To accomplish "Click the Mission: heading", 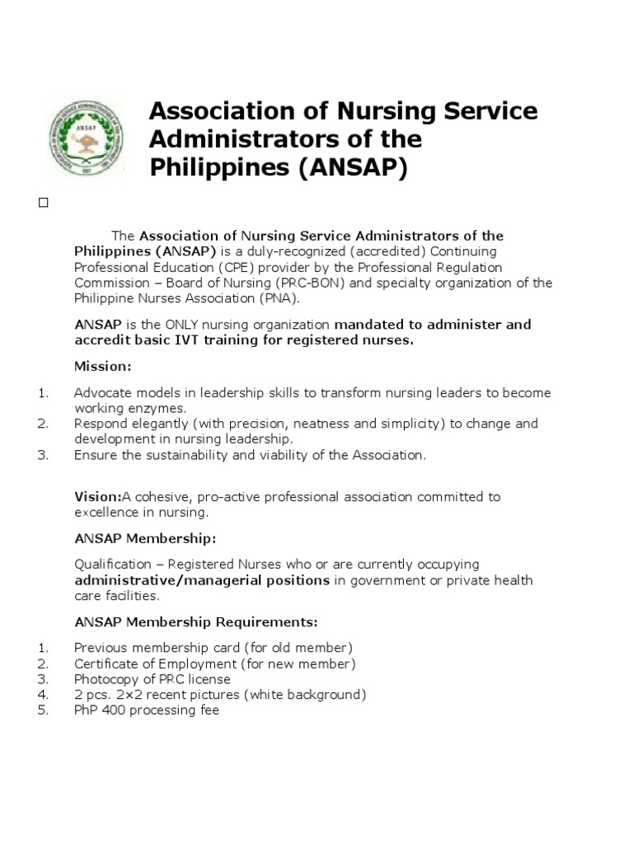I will [x=102, y=365].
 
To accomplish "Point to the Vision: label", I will [x=97, y=496].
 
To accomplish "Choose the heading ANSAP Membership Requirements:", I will [x=196, y=621].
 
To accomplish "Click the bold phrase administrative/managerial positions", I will [x=202, y=580].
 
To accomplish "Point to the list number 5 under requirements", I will [x=43, y=709].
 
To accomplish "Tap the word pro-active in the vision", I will [x=215, y=496].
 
